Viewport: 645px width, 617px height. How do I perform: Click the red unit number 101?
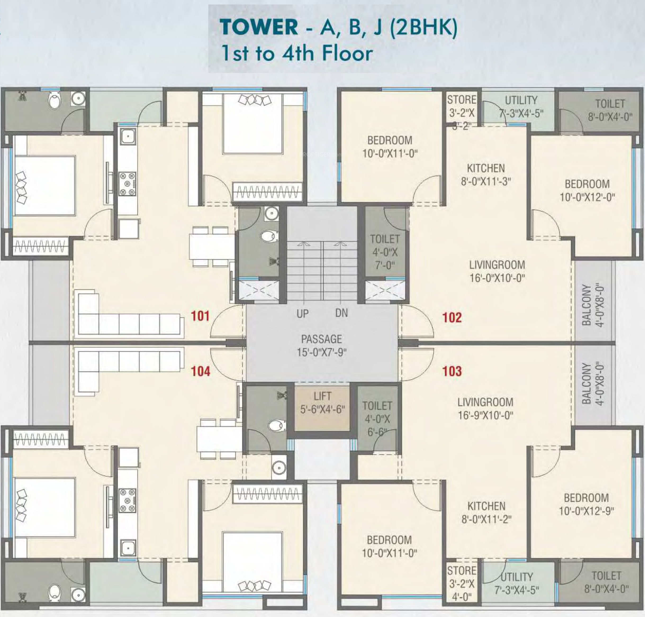click(200, 316)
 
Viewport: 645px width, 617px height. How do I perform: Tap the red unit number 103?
click(452, 371)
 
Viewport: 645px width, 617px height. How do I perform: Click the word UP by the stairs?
click(303, 314)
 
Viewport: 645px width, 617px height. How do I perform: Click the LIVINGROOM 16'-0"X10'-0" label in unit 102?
click(497, 271)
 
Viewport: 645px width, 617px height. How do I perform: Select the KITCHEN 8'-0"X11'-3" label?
click(486, 175)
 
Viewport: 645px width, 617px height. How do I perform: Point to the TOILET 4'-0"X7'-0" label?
click(385, 252)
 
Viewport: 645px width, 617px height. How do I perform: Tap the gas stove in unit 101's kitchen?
click(127, 184)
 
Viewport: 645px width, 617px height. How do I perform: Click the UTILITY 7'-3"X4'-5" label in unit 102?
click(521, 107)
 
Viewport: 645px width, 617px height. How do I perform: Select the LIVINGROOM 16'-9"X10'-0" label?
click(485, 409)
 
